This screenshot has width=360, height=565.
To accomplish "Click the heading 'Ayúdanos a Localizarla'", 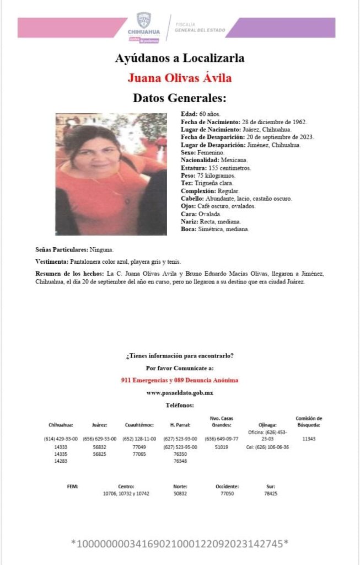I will click(180, 58).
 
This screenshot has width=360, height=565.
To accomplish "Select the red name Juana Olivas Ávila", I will click(180, 78).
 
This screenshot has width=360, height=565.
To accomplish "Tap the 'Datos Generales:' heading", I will click(180, 98).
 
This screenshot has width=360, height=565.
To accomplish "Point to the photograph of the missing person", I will click(111, 174).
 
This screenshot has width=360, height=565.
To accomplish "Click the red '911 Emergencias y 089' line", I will click(180, 380).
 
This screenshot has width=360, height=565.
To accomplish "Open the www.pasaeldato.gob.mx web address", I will click(180, 392).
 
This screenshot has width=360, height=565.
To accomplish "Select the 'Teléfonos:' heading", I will click(180, 405).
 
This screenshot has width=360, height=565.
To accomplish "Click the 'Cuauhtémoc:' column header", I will click(139, 425).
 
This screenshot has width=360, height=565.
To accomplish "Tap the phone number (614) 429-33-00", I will click(61, 439).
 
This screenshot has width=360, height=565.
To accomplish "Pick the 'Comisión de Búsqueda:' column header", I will click(309, 422).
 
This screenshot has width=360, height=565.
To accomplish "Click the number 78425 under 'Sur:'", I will click(270, 493).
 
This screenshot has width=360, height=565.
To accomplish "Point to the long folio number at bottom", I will click(180, 543).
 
